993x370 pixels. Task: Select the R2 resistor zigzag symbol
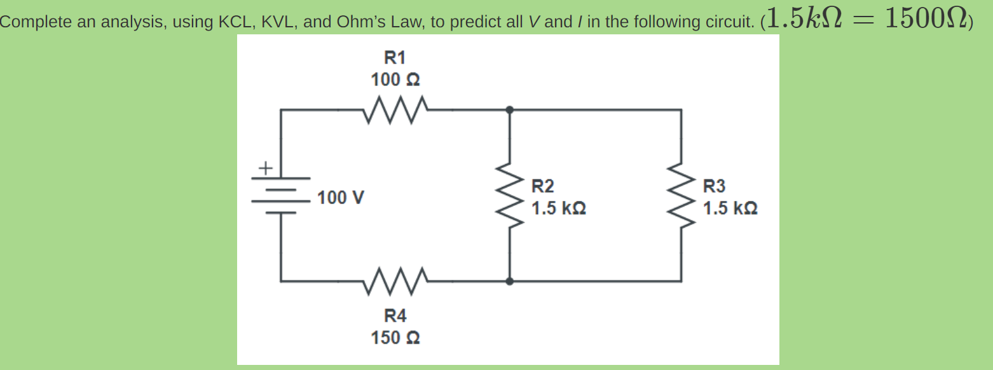[509, 195]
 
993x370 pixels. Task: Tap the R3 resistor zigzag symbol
[681, 195]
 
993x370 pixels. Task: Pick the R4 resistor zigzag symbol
[395, 280]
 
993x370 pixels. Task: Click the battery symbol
[280, 195]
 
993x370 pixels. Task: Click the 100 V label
[341, 198]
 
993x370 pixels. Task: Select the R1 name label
[395, 58]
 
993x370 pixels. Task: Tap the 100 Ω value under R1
[395, 80]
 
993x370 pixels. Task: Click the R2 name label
[543, 186]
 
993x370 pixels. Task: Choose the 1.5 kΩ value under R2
[558, 209]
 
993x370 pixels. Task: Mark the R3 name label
[714, 186]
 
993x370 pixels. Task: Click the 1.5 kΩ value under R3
[730, 209]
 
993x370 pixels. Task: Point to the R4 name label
[395, 316]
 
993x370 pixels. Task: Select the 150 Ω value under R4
[395, 338]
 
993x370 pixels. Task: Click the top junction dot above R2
[509, 109]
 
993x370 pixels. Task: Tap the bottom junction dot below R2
[509, 280]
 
